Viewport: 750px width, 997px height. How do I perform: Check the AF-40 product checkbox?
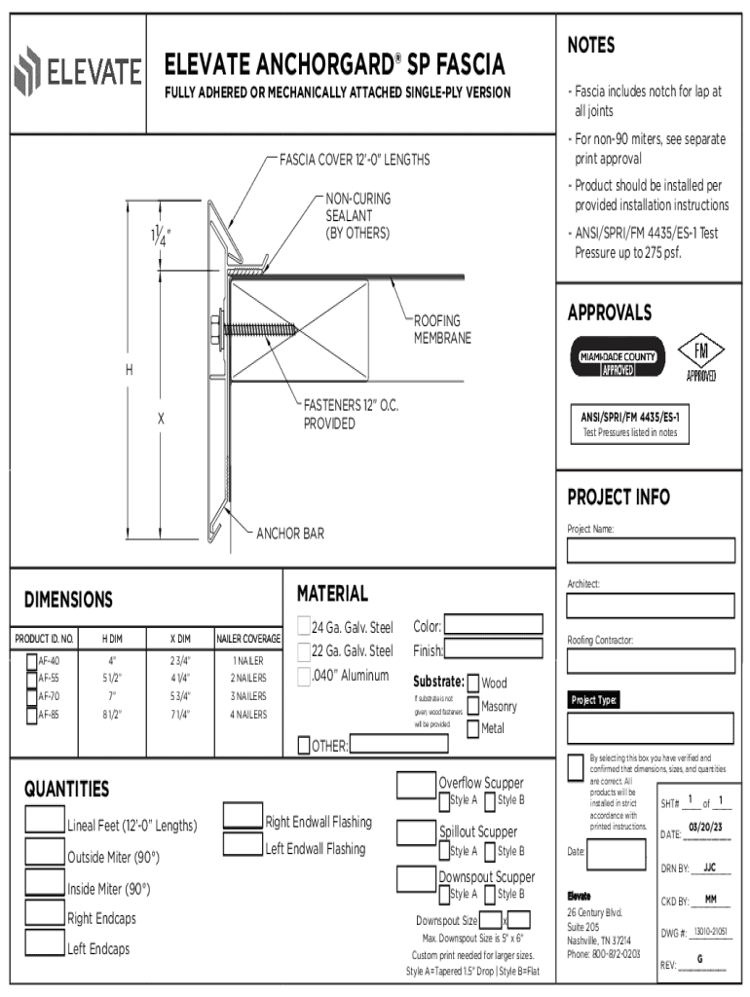pyautogui.click(x=30, y=661)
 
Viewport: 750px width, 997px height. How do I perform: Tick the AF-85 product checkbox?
pyautogui.click(x=30, y=714)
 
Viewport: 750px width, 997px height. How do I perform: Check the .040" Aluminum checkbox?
pyautogui.click(x=303, y=676)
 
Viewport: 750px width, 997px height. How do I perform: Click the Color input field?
pyautogui.click(x=494, y=624)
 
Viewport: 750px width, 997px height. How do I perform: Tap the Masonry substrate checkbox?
pyautogui.click(x=473, y=706)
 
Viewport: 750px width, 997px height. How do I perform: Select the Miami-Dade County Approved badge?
pyautogui.click(x=617, y=357)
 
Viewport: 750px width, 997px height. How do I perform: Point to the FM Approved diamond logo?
pyautogui.click(x=701, y=356)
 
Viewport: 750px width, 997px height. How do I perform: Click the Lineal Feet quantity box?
pyautogui.click(x=45, y=819)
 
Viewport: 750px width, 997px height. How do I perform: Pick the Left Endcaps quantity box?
pyautogui.click(x=45, y=942)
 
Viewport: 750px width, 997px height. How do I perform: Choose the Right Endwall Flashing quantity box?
pyautogui.click(x=243, y=815)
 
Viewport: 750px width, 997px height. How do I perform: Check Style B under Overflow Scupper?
pyautogui.click(x=490, y=801)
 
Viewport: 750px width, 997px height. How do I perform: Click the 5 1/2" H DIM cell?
pyautogui.click(x=112, y=679)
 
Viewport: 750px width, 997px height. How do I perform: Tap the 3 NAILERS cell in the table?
pyautogui.click(x=248, y=696)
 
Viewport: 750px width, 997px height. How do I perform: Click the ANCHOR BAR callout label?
pyautogui.click(x=290, y=534)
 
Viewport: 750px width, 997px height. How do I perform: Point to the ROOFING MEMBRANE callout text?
pyautogui.click(x=442, y=329)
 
